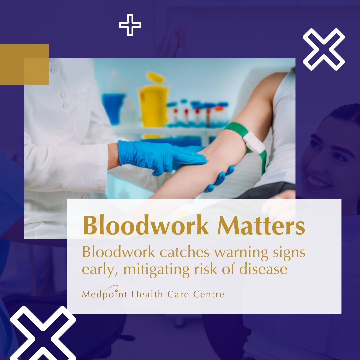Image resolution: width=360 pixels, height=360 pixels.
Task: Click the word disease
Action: [x=263, y=269]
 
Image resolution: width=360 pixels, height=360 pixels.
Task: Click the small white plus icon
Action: [x=130, y=25]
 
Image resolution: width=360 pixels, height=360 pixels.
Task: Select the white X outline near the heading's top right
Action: [x=323, y=49]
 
